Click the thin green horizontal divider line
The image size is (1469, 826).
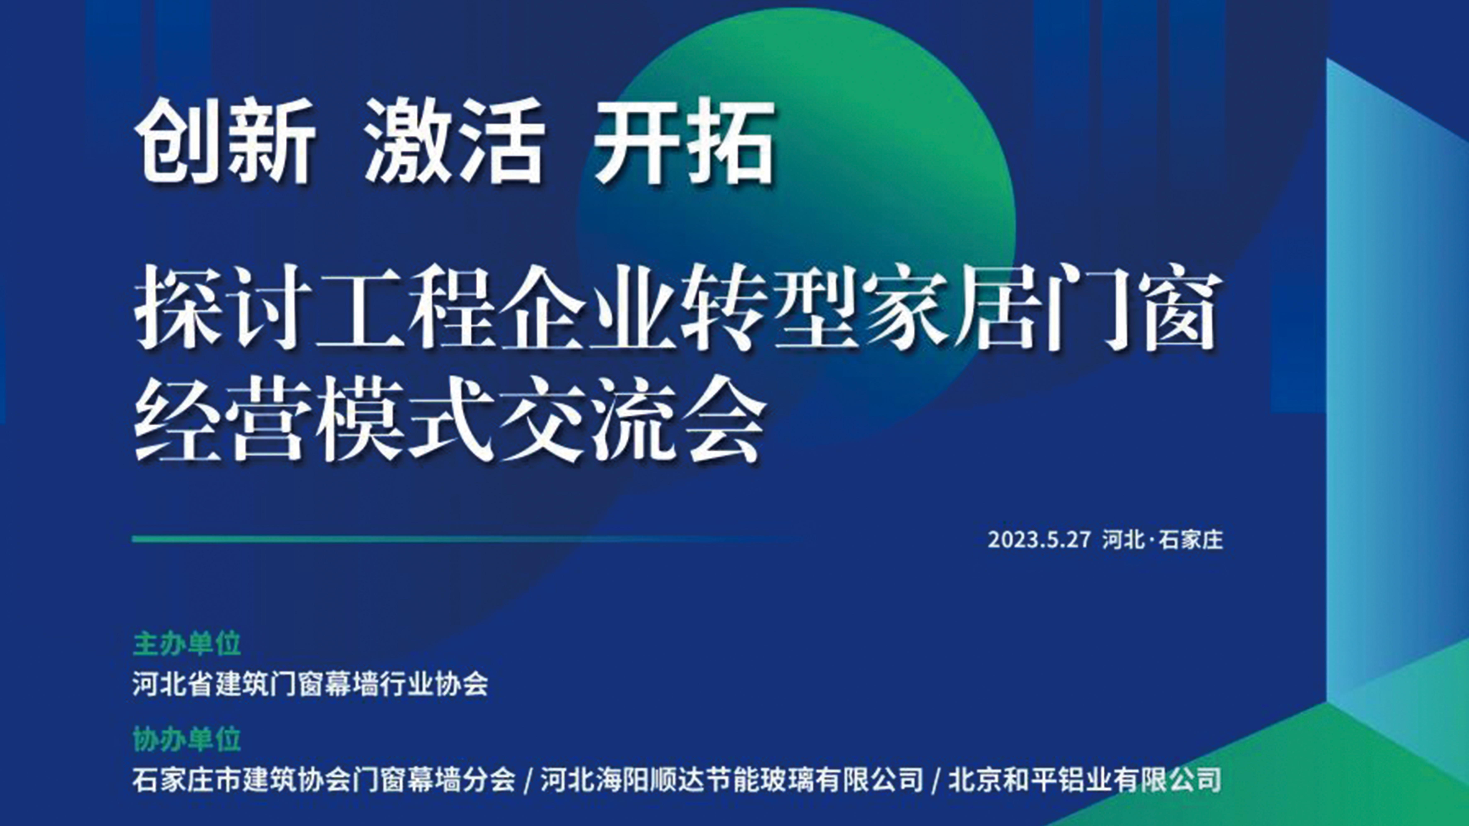468,539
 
